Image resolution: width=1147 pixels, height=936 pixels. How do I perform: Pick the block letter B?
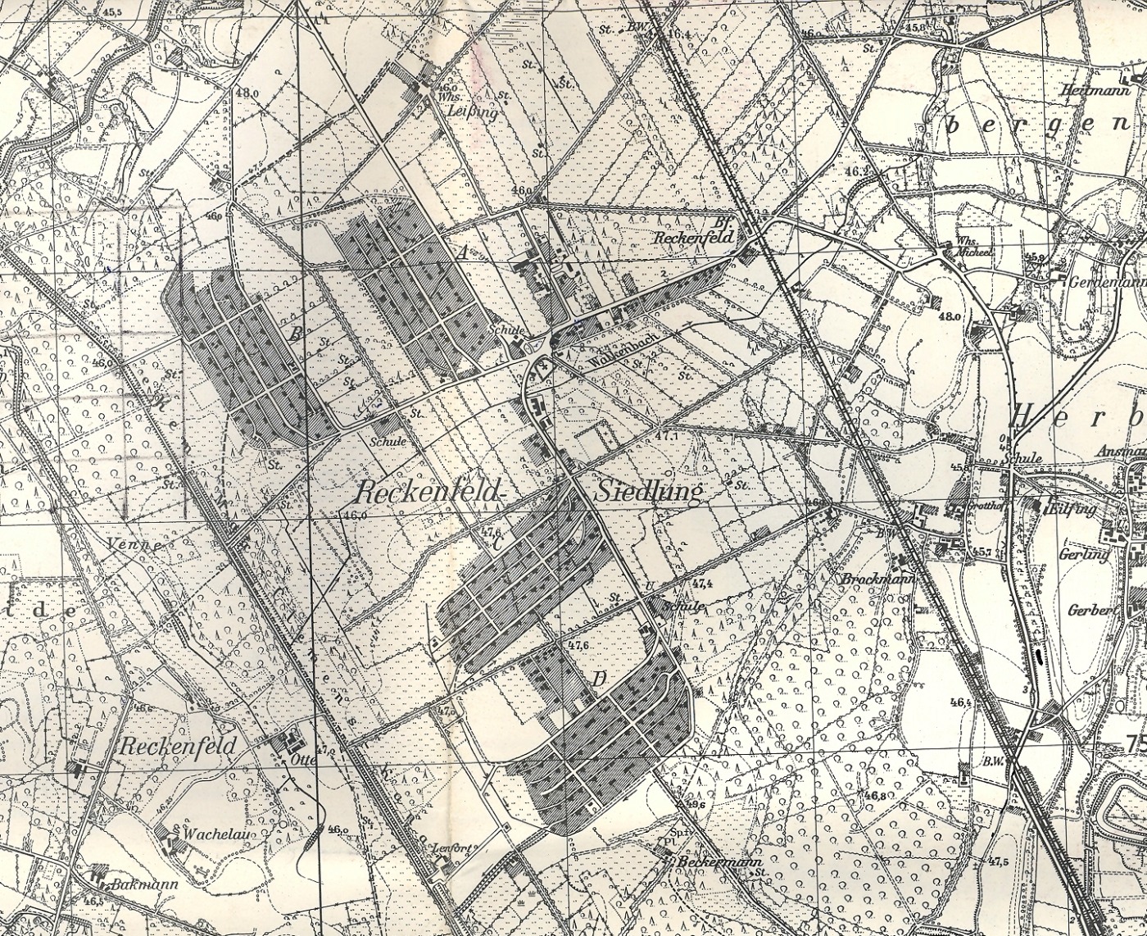(296, 334)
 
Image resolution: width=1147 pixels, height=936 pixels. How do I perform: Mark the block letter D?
(600, 679)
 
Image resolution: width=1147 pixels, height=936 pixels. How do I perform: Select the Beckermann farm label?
(720, 863)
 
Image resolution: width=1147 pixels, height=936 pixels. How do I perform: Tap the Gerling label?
(1088, 555)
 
